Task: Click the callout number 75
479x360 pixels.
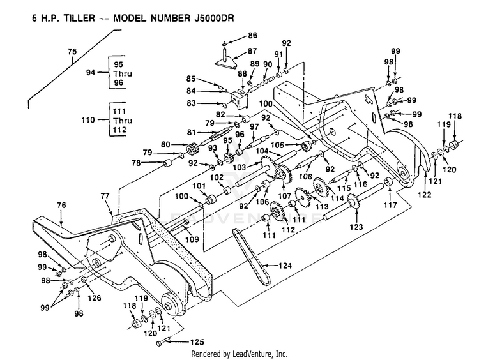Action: [x=72, y=52]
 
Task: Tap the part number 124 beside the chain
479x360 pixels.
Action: [x=285, y=266]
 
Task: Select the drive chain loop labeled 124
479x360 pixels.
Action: [x=252, y=257]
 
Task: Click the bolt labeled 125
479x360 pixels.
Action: [x=162, y=343]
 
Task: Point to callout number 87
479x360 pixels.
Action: [x=252, y=51]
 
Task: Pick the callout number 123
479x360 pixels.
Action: [x=356, y=227]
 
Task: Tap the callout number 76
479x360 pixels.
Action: [x=62, y=205]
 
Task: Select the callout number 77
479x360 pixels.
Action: [x=105, y=196]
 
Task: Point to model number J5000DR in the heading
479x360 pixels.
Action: [x=214, y=18]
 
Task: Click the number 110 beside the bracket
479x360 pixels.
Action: [x=88, y=120]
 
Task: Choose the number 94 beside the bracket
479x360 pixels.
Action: [x=91, y=73]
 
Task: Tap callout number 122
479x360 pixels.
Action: [x=425, y=194]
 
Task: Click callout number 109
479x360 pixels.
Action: [x=192, y=239]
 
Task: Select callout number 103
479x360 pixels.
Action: [x=240, y=167]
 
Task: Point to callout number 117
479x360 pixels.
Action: [x=390, y=205]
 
